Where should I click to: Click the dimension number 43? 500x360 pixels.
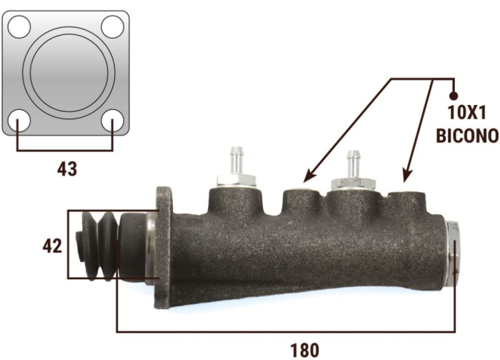click(x=67, y=169)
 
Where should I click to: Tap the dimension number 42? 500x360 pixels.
click(x=52, y=246)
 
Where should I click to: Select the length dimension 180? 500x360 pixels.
click(x=304, y=350)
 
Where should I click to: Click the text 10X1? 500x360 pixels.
click(x=466, y=113)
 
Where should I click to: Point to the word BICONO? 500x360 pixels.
click(x=467, y=136)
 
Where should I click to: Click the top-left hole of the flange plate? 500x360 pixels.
click(x=19, y=26)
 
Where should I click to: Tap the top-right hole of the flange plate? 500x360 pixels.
click(x=112, y=26)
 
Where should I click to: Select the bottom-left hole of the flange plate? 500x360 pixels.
click(x=19, y=121)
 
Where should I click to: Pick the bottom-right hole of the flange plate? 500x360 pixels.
click(x=112, y=121)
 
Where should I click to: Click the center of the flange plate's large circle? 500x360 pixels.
click(x=69, y=73)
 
